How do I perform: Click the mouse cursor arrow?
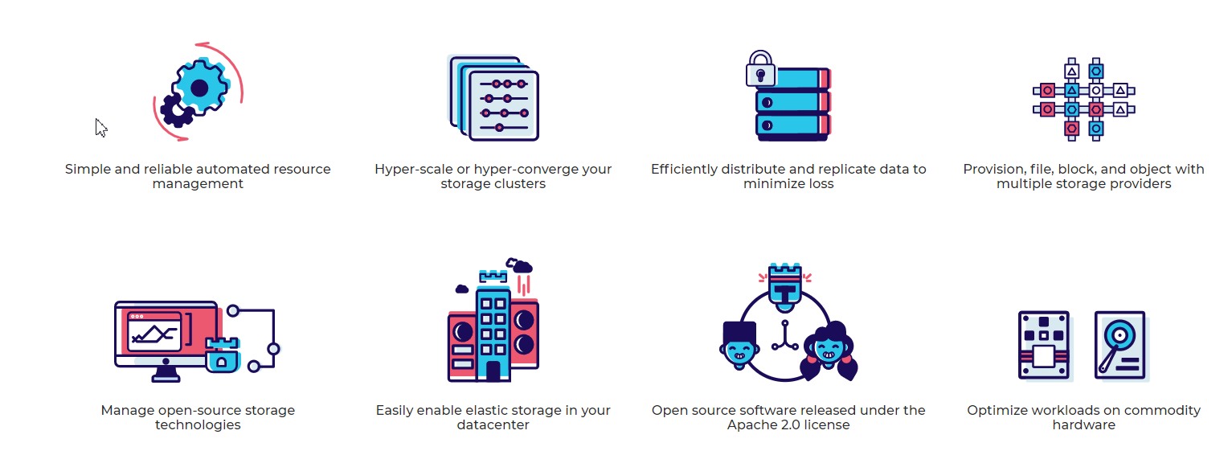tap(100, 128)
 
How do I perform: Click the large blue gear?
tap(199, 87)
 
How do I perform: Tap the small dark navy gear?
tap(177, 110)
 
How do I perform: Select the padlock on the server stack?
tap(760, 69)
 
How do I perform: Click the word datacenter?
tap(493, 425)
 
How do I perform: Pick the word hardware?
tap(1083, 425)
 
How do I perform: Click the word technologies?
tap(198, 425)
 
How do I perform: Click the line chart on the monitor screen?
tap(154, 334)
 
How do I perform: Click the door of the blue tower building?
tap(493, 371)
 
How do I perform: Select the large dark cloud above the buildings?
tap(520, 267)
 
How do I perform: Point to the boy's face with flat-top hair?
tap(739, 351)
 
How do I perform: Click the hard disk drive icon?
tap(1119, 346)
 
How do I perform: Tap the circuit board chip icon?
tap(1043, 346)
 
